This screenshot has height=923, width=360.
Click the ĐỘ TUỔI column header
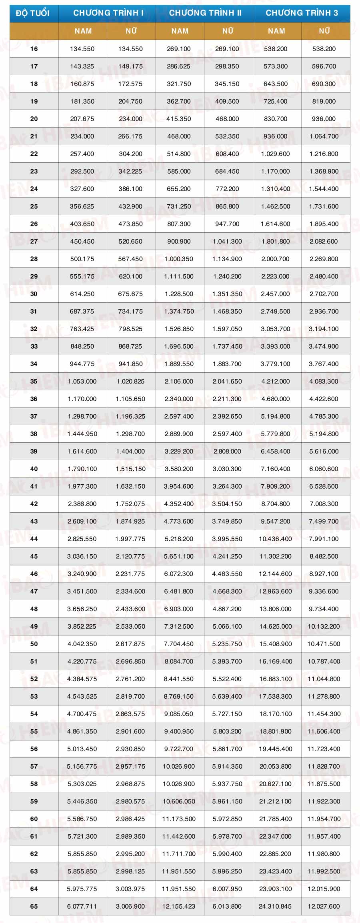click(33, 13)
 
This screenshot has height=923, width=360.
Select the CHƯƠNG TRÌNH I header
click(108, 13)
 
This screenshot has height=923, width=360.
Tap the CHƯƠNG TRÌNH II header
click(205, 13)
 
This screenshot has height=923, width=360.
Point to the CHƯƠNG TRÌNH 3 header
click(302, 13)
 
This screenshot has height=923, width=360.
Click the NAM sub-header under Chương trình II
click(180, 31)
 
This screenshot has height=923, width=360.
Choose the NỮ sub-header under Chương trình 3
click(324, 31)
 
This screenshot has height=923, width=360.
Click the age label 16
click(34, 49)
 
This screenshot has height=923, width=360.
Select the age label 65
click(34, 906)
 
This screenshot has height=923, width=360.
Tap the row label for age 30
click(34, 294)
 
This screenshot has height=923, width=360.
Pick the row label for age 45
click(34, 556)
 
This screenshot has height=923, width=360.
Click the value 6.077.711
click(82, 906)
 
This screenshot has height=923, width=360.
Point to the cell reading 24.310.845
click(275, 906)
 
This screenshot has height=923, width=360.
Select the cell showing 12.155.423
click(179, 906)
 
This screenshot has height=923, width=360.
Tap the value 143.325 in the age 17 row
click(82, 66)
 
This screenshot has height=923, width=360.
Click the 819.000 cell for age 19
click(324, 101)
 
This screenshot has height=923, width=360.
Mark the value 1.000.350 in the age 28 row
click(179, 259)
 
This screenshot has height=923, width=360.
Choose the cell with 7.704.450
click(179, 644)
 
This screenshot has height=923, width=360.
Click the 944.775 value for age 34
click(82, 364)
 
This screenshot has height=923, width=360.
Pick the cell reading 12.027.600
click(324, 906)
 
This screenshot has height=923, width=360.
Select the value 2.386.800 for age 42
click(82, 504)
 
